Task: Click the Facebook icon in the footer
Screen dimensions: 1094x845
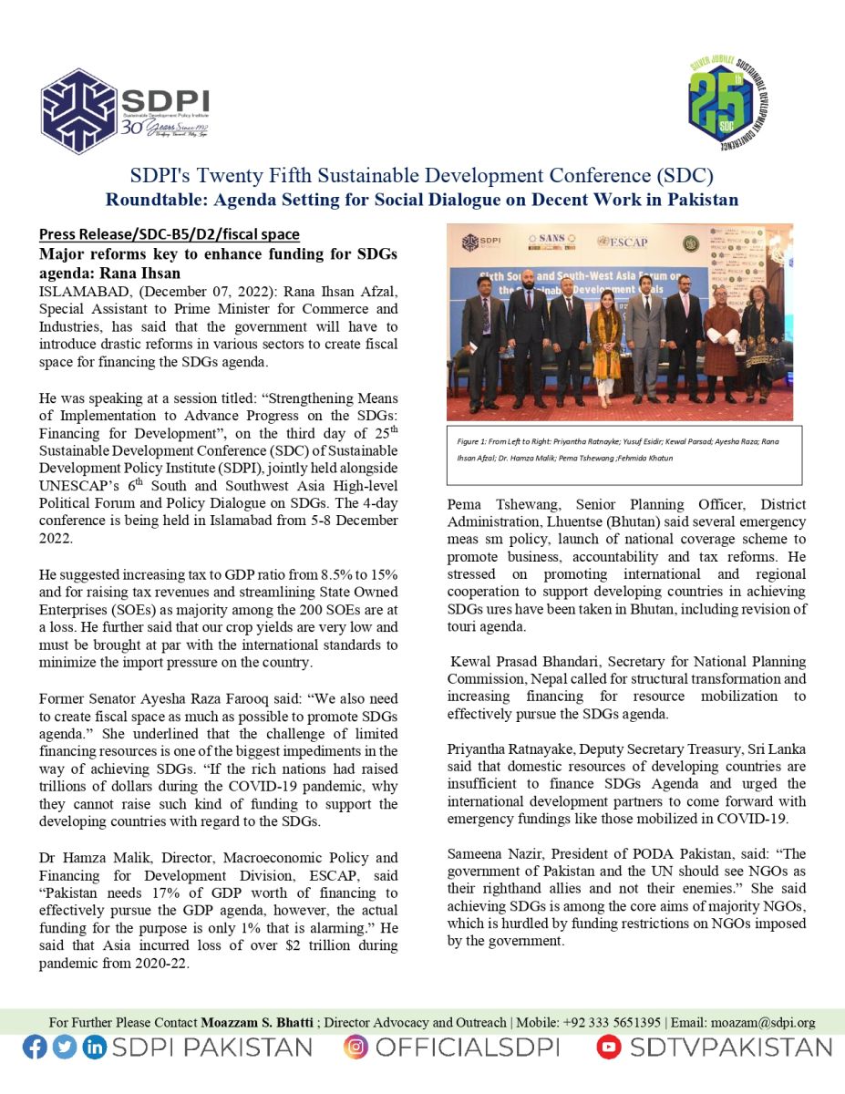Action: tap(35, 1048)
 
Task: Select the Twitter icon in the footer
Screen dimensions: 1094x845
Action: tap(64, 1048)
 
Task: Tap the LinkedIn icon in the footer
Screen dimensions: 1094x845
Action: tap(94, 1048)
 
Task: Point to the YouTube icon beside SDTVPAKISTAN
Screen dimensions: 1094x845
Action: tap(609, 1048)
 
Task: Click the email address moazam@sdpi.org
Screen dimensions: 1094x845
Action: tap(764, 1023)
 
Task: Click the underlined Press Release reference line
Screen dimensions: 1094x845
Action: tap(169, 234)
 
